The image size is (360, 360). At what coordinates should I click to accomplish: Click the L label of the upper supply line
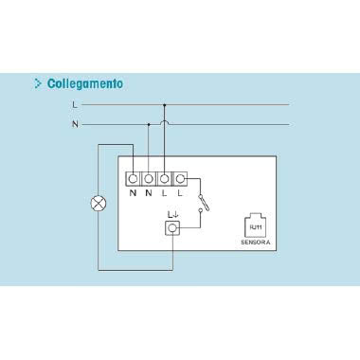click(75, 105)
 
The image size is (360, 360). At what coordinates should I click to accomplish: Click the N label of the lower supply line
click(75, 124)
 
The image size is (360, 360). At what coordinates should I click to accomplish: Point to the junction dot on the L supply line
click(165, 105)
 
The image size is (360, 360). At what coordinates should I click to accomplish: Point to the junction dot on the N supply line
click(149, 124)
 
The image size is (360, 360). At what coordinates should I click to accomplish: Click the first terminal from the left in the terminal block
click(134, 177)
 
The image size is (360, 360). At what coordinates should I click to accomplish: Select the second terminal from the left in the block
click(149, 177)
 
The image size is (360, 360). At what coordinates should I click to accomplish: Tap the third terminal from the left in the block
click(165, 177)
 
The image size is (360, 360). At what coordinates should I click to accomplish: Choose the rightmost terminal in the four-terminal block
click(180, 177)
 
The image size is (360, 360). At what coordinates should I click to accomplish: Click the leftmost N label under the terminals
click(134, 193)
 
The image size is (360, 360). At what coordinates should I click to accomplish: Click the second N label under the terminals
click(149, 193)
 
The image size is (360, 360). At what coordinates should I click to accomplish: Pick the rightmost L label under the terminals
click(180, 193)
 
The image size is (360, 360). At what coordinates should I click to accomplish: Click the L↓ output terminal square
click(172, 228)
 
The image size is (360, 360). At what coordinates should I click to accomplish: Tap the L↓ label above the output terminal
click(172, 214)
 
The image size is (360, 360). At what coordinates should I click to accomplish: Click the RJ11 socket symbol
click(255, 225)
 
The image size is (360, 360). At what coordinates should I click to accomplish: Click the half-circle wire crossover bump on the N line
click(165, 122)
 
